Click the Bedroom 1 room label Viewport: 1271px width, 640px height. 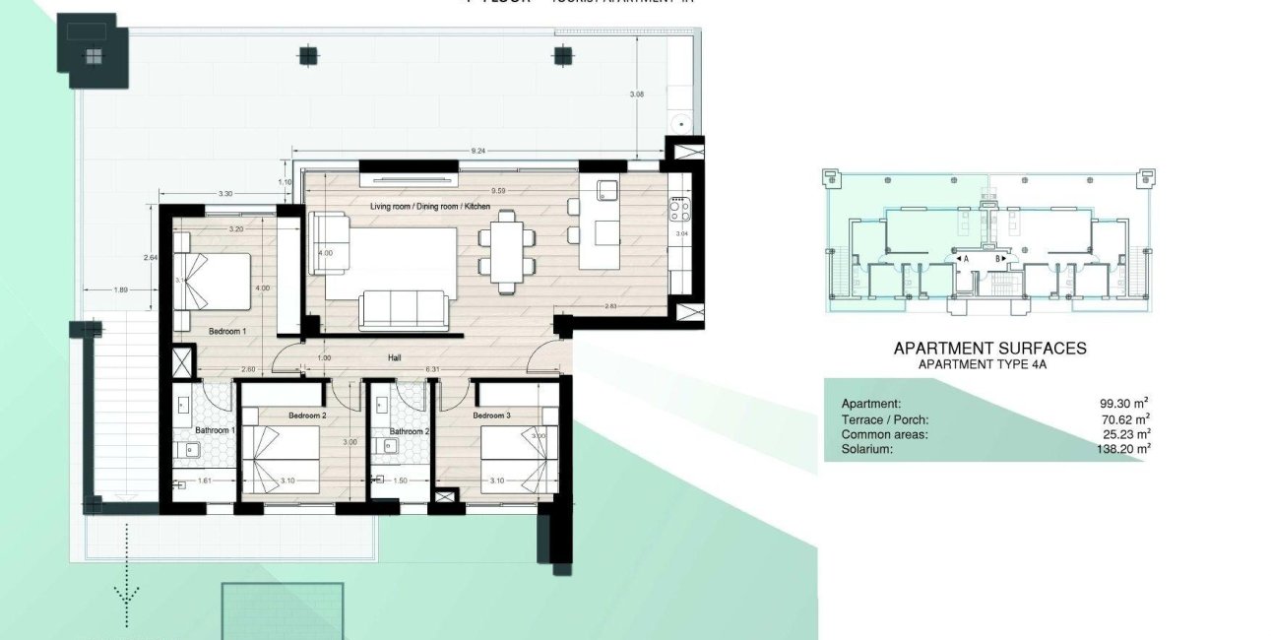(227, 332)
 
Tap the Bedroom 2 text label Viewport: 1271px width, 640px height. (307, 416)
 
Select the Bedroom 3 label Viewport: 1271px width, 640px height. (496, 416)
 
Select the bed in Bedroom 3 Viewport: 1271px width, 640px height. (514, 461)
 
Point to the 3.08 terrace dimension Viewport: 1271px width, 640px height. (636, 95)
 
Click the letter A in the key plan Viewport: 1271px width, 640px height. (967, 259)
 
